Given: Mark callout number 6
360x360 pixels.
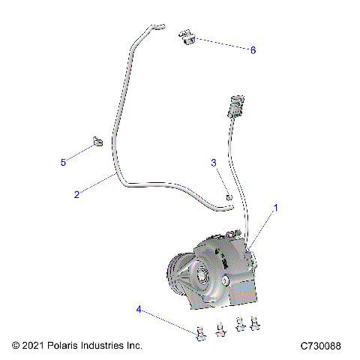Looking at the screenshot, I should pyautogui.click(x=253, y=49).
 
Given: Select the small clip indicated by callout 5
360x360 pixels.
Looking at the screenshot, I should pyautogui.click(x=97, y=140).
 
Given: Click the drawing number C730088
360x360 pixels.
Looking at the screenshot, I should pyautogui.click(x=320, y=346).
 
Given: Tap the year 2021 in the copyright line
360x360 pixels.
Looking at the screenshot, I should pyautogui.click(x=34, y=346).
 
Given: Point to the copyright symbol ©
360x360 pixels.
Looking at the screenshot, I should pyautogui.click(x=16, y=346).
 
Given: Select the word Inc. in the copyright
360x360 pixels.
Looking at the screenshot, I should pyautogui.click(x=133, y=346).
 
